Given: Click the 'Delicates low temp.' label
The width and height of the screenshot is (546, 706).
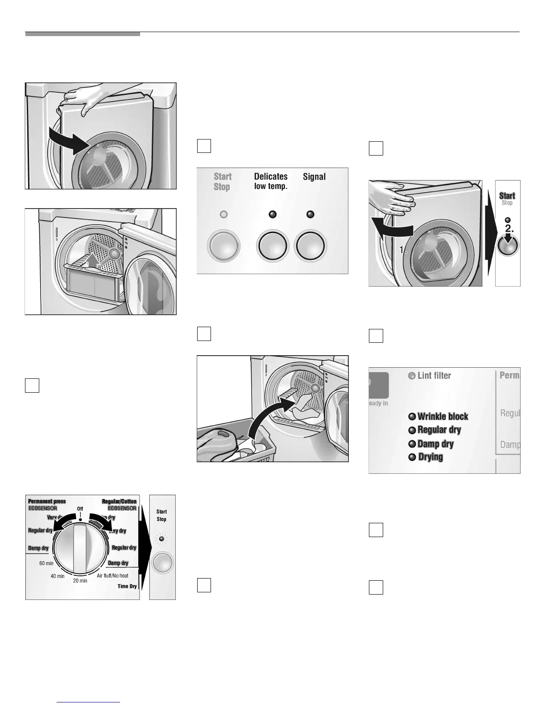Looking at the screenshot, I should click(x=271, y=181).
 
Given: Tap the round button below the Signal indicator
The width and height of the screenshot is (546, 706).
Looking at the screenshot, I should click(x=310, y=246).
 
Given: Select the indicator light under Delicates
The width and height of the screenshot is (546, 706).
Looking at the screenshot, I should click(x=273, y=215).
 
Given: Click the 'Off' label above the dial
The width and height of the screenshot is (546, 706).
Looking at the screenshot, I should click(x=80, y=509).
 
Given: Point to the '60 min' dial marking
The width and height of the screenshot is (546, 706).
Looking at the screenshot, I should click(x=46, y=563).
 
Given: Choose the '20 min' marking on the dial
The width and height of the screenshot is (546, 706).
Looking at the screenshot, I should click(x=80, y=581).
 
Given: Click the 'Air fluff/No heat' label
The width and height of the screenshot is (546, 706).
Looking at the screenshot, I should click(x=112, y=576).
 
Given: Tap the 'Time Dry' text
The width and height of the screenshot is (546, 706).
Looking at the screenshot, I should click(x=127, y=586).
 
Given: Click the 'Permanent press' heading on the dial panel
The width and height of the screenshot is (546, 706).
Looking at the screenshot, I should click(x=47, y=501).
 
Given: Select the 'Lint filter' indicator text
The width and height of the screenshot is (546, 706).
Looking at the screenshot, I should click(x=434, y=376).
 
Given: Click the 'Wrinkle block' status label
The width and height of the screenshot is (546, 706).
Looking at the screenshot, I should click(x=443, y=417).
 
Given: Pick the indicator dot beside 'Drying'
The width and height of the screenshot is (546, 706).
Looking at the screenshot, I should click(x=412, y=457).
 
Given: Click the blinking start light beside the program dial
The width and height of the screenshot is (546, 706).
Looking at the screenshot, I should click(x=161, y=539).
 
